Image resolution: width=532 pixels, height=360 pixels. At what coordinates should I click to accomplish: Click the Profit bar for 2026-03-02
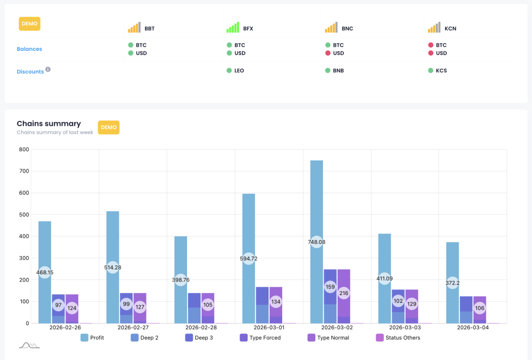[316, 218]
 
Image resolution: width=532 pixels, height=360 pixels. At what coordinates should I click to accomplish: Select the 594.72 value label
[249, 258]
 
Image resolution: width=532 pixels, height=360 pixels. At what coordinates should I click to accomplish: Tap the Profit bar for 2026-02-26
[45, 234]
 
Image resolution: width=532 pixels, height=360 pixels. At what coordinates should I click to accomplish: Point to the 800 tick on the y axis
[23, 150]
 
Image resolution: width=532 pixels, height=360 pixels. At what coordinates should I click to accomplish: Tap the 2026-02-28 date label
[201, 328]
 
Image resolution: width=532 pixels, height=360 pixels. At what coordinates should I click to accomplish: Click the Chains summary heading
[49, 124]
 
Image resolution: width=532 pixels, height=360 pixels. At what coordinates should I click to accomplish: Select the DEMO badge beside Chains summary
[109, 127]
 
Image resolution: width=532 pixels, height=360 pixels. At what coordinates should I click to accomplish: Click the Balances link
[29, 49]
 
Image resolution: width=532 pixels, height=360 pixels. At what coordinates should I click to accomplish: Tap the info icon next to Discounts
[48, 69]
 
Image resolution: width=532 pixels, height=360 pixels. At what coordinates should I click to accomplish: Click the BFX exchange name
[248, 29]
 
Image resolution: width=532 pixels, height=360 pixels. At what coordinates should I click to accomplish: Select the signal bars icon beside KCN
[434, 28]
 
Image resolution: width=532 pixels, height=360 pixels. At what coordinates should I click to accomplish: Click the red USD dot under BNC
[328, 53]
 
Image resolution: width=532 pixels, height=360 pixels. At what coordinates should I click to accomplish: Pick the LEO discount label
[239, 71]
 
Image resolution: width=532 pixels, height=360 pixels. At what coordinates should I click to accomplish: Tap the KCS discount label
[441, 71]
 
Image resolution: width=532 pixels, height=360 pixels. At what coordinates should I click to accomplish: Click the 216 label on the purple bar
[343, 293]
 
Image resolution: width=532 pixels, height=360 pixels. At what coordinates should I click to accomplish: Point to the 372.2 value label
[452, 283]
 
